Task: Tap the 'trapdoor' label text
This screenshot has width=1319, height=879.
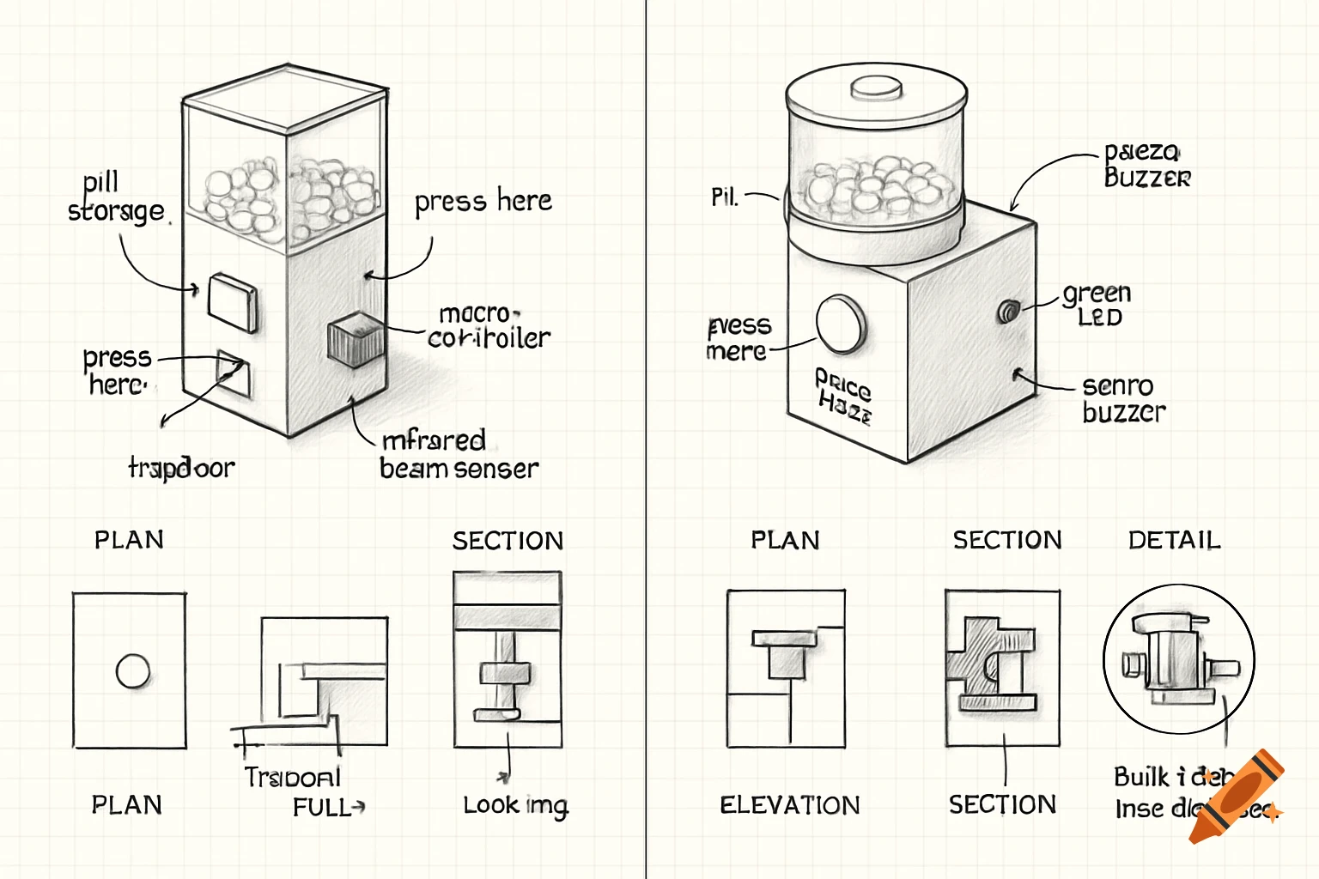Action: coord(181,468)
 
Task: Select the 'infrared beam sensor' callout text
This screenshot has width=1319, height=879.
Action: coord(459,454)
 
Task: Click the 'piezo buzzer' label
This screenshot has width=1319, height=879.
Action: coord(1146,165)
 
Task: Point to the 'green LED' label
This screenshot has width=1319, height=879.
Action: coord(1097,304)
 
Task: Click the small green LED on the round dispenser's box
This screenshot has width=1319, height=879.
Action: coord(1006,311)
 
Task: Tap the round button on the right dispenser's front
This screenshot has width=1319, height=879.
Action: coord(841,324)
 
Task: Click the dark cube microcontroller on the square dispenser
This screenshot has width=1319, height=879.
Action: coord(355,340)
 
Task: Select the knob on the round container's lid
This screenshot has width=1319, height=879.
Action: coord(876,88)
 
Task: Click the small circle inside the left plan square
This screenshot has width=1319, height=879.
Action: coord(133,671)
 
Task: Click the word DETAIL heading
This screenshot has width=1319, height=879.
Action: coord(1174,540)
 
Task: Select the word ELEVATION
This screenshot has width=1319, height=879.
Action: coord(789,805)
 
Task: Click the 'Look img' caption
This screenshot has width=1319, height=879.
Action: coord(515,805)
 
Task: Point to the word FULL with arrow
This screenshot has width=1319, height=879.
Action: coord(327,808)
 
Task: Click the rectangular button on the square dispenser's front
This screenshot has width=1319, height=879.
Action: coord(232,302)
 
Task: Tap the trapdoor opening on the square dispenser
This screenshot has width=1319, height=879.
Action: coord(234,373)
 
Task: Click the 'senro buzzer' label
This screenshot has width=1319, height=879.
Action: coord(1123,399)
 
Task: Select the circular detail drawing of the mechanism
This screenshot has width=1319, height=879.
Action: coord(1178,659)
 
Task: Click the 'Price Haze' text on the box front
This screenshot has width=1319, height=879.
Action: coord(843,396)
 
